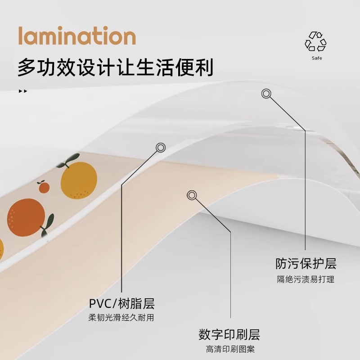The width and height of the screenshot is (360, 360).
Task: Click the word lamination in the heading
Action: click(76, 36)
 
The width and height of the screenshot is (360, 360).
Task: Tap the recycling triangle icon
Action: click(315, 42)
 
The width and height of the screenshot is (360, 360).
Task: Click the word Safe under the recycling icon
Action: click(317, 58)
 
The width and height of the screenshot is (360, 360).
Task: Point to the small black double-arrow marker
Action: click(22, 91)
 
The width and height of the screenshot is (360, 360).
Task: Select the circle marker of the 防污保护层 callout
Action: click(266, 94)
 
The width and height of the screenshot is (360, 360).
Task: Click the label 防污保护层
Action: click(306, 263)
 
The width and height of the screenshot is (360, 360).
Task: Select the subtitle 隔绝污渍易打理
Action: click(306, 279)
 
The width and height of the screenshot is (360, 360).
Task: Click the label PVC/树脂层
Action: click(122, 303)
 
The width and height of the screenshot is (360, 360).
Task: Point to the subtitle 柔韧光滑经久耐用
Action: click(121, 318)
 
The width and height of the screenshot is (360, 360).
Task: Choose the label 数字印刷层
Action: click(229, 335)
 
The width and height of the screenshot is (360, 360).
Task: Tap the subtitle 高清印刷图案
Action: click(230, 350)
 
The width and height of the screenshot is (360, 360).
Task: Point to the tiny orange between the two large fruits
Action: click(44, 187)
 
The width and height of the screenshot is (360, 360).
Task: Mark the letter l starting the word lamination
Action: click(21, 36)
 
